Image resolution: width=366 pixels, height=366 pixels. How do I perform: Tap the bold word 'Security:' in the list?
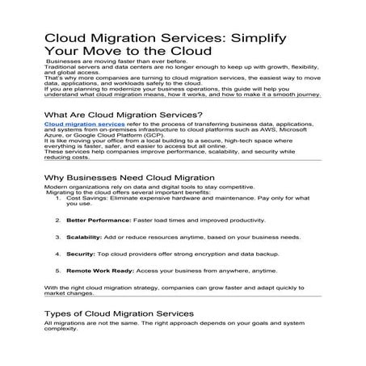click(x=80, y=255)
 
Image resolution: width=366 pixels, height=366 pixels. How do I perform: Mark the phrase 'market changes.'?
click(x=68, y=295)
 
